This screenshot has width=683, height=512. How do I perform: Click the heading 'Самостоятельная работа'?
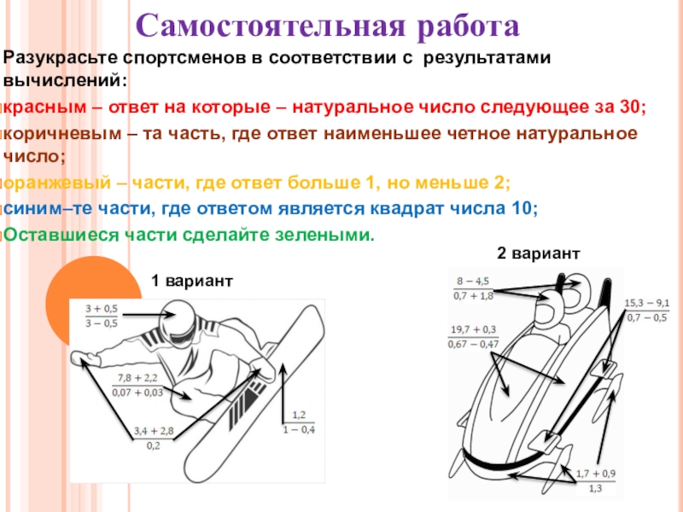330,26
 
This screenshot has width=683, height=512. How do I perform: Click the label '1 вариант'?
192,281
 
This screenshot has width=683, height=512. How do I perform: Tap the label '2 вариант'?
539,253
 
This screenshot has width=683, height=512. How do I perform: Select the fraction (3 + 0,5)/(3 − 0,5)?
102,316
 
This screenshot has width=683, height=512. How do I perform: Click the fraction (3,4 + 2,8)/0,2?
154,438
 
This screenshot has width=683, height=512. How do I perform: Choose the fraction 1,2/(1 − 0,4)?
299,422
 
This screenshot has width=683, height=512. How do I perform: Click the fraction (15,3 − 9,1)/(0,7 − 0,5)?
646,311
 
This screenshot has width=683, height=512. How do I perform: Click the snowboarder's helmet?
183,323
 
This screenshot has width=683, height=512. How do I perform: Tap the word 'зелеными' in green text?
333,234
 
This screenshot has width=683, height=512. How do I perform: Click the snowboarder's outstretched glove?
82,358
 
